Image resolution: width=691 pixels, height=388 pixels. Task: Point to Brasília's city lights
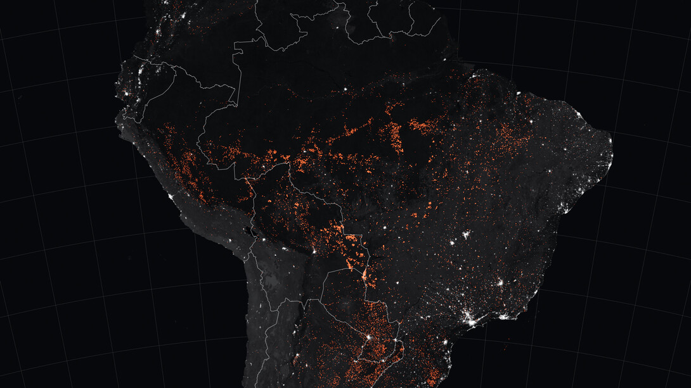coord(467,237)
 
